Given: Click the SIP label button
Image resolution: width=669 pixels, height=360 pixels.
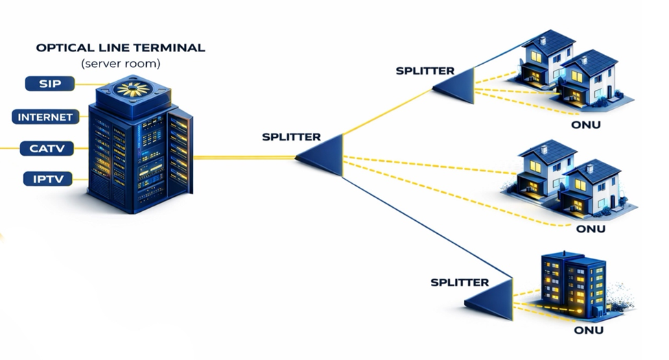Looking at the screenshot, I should click(49, 84).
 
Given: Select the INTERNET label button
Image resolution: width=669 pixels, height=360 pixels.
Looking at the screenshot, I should click(45, 117).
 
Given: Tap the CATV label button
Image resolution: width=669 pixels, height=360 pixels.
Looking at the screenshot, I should click(47, 147).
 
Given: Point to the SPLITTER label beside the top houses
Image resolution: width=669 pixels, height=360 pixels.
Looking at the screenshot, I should click(425, 70).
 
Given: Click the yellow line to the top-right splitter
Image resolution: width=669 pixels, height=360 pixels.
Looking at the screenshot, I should click(388, 112).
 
